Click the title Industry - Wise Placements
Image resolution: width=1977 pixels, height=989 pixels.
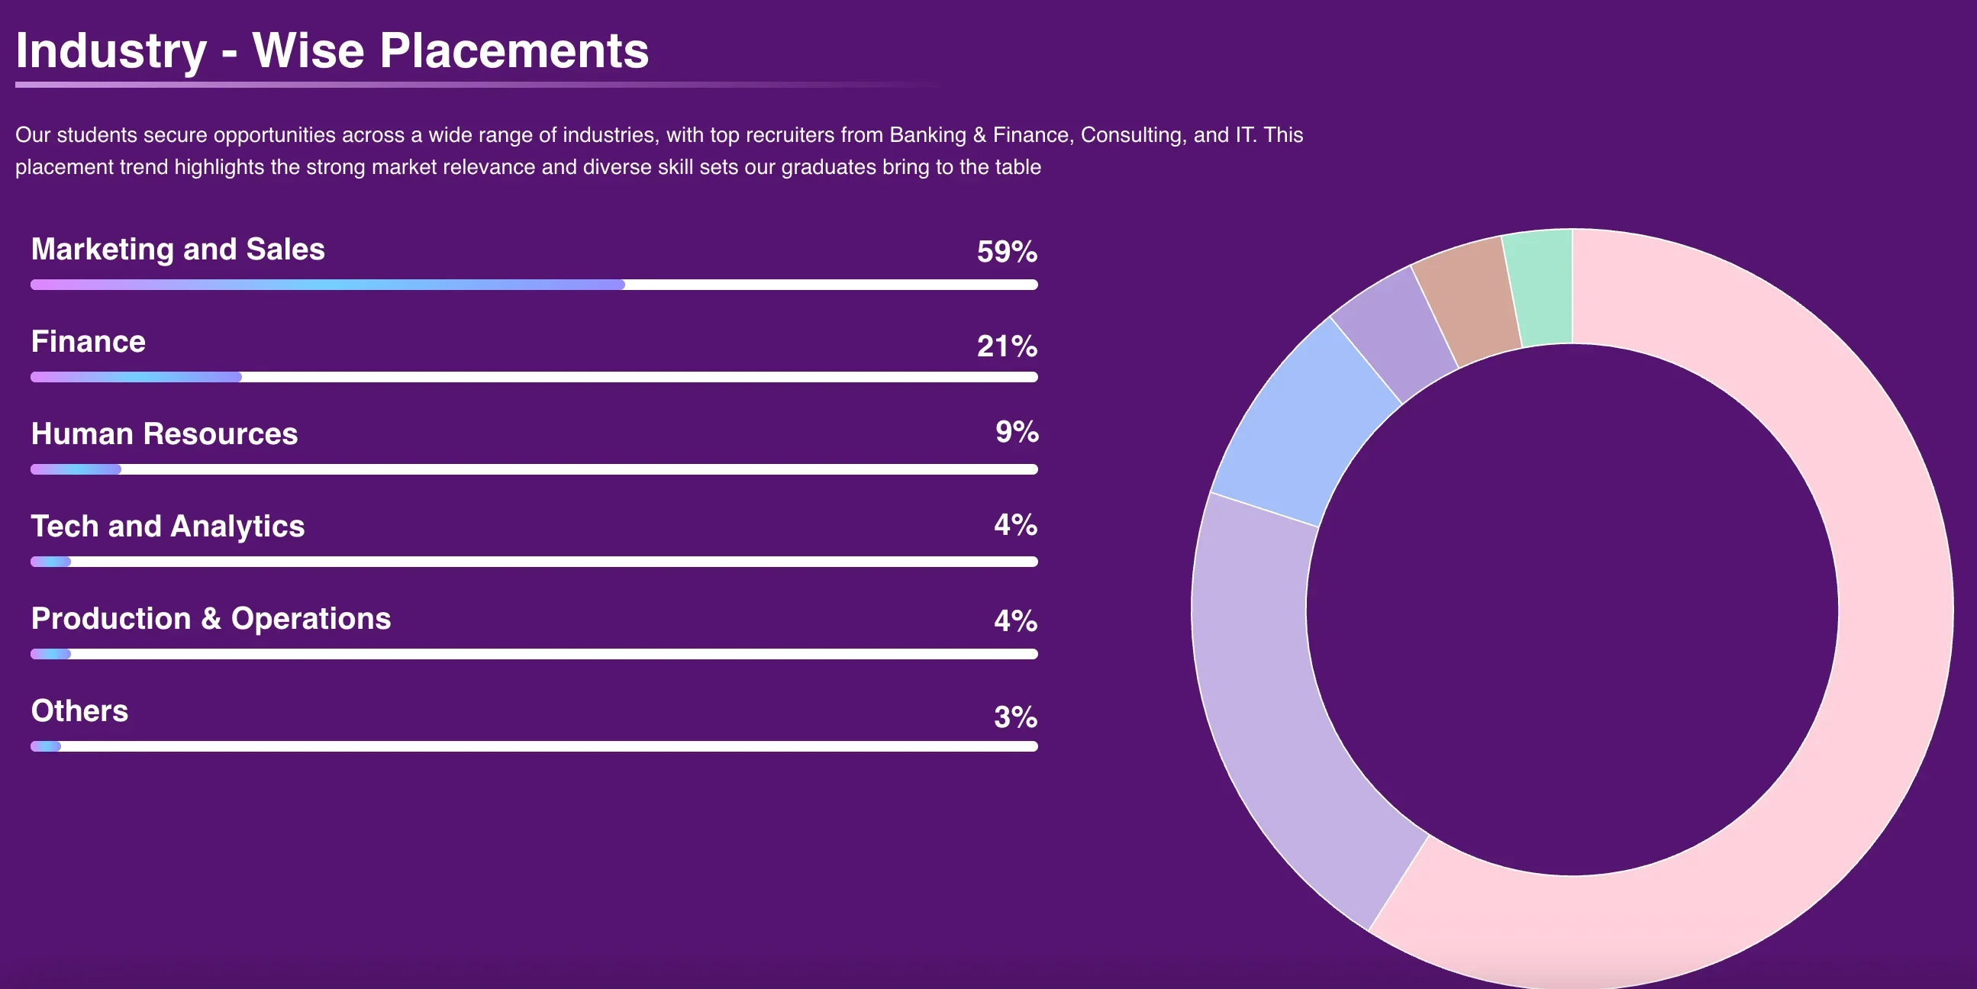[x=331, y=50]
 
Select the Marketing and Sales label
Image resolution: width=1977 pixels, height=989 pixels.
[x=178, y=250]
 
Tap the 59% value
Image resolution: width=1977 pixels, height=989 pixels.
[x=1006, y=252]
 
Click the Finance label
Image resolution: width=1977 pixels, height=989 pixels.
[x=89, y=341]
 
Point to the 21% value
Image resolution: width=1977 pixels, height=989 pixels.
[x=1006, y=346]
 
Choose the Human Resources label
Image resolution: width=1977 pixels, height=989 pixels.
[x=164, y=434]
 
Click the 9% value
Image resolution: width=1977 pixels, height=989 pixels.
[x=1016, y=432]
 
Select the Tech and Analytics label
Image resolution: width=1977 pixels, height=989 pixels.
[x=168, y=527]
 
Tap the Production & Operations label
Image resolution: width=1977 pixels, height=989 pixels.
[x=211, y=618]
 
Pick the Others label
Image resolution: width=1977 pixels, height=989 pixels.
[x=80, y=711]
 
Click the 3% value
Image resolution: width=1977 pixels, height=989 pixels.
[x=1014, y=717]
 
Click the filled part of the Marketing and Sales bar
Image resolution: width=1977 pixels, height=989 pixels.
[x=327, y=285]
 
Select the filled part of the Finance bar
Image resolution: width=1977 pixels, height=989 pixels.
[x=136, y=377]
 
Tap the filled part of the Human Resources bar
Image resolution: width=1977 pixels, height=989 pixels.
[x=76, y=469]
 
